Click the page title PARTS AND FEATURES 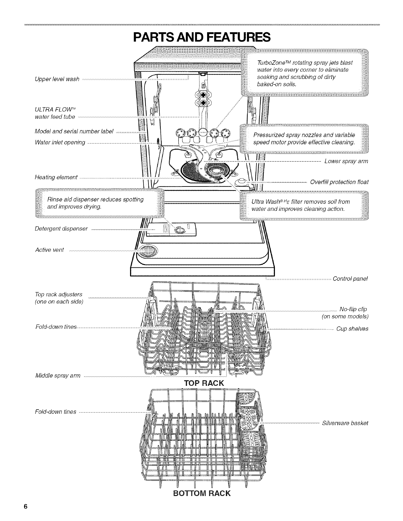coord(201,37)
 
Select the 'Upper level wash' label coord(57,79)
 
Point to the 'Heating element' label coord(56,178)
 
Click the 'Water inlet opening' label coord(60,142)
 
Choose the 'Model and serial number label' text coord(74,132)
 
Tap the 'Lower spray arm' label coord(346,161)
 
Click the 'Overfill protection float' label coord(339,182)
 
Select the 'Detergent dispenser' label coord(61,229)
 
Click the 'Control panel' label coord(350,279)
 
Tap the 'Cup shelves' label coord(352,329)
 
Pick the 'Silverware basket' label coord(345,423)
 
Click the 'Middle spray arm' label coord(58,375)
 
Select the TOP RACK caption coord(204,383)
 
